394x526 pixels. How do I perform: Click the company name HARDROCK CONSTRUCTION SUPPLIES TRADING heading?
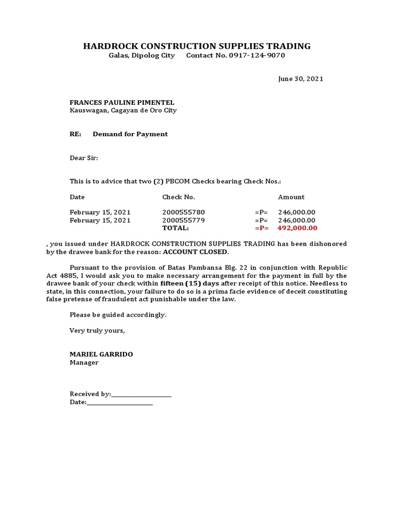(x=197, y=46)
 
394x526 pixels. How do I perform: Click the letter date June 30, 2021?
(x=301, y=79)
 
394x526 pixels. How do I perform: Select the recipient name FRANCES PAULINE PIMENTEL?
(x=122, y=103)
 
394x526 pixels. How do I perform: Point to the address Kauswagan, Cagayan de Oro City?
(x=123, y=110)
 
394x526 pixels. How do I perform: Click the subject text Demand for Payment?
(x=130, y=134)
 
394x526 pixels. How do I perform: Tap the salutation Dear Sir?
(x=84, y=158)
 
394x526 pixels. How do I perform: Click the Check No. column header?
(x=179, y=197)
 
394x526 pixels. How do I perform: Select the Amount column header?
(x=291, y=197)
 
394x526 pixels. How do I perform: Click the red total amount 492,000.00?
(x=297, y=228)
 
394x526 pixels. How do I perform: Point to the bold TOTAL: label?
(x=175, y=228)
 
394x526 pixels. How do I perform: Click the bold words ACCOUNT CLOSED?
(x=195, y=252)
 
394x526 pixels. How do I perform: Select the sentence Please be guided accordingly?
(x=118, y=315)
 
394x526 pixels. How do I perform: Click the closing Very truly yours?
(x=97, y=331)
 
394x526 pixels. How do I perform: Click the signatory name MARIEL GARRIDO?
(x=101, y=354)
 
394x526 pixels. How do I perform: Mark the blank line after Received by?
(x=141, y=394)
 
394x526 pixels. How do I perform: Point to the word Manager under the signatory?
(x=84, y=363)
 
